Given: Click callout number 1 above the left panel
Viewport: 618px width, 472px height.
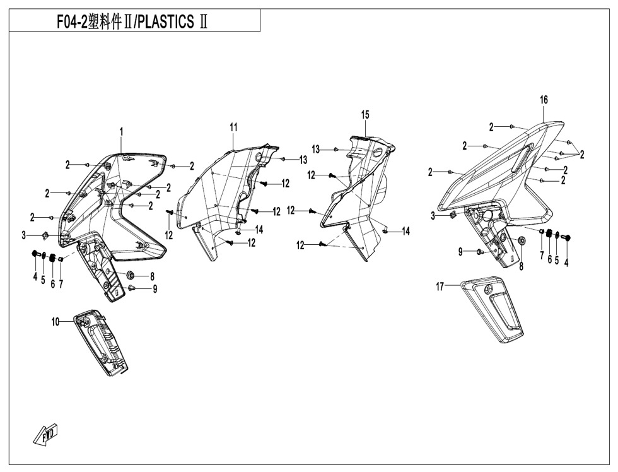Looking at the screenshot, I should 122,131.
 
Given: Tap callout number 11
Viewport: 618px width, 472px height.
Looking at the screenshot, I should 233,127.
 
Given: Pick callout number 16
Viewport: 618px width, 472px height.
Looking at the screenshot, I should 544,100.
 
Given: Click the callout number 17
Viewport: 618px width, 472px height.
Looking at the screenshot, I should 440,286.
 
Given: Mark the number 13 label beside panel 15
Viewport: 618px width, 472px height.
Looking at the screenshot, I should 316,149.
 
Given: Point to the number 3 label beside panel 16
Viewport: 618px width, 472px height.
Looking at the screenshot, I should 433,216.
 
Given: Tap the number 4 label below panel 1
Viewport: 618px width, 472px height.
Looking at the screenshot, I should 35,277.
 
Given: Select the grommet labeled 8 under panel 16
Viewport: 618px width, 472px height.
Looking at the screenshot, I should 522,242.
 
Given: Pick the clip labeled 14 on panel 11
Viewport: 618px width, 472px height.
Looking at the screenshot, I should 238,232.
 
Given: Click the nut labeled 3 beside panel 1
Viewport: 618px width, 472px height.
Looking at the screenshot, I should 45,235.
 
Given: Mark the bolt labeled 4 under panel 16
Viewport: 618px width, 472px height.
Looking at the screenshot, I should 566,238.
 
